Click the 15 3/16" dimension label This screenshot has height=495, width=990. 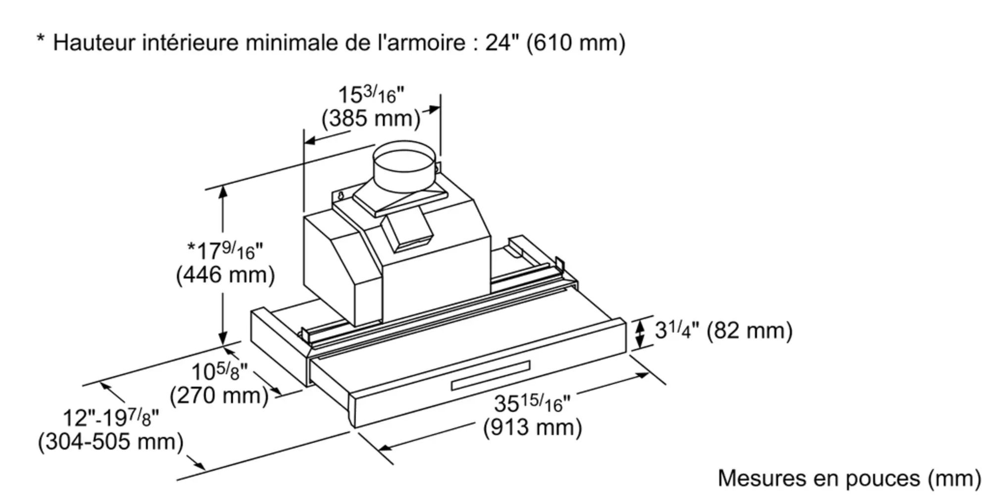click(x=371, y=95)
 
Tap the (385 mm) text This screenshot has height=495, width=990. click(x=371, y=119)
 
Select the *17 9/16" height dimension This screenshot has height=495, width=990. click(x=225, y=250)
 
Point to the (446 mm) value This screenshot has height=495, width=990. click(x=225, y=275)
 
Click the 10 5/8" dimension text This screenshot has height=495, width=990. click(x=219, y=371)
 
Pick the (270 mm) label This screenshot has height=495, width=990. click(x=219, y=396)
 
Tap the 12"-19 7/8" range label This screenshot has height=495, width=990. click(x=111, y=418)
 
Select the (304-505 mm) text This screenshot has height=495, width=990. click(x=111, y=442)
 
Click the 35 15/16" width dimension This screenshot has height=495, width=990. click(x=532, y=403)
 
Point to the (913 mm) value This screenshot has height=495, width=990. click(x=532, y=427)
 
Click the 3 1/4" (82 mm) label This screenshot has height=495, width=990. click(x=723, y=330)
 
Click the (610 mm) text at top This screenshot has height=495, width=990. click(x=576, y=43)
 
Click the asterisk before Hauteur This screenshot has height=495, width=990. click(x=41, y=40)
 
